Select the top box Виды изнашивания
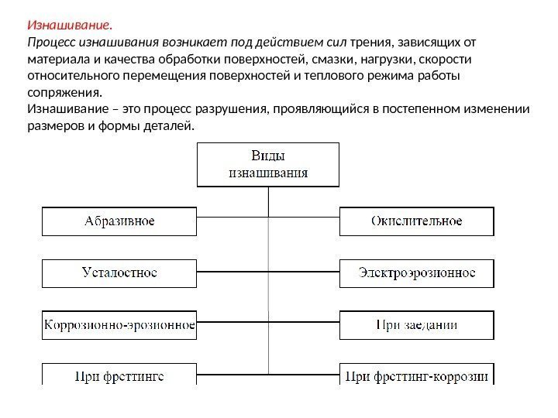268,163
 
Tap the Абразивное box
119,221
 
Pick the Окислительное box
416,221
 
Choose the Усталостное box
119,273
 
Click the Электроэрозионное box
416,273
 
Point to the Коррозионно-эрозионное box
119,325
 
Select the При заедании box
416,325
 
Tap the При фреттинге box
119,376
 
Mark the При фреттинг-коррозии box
416,376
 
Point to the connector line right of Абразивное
232,221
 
